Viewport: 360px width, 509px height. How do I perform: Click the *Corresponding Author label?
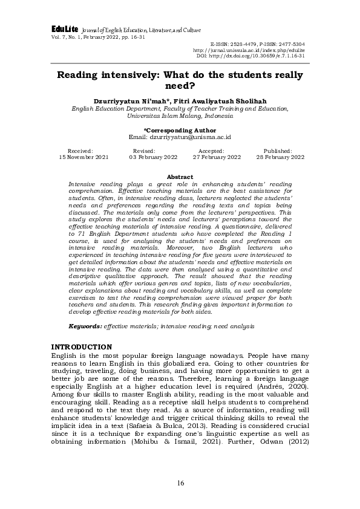point(179,130)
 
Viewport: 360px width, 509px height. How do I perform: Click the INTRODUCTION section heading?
point(82,346)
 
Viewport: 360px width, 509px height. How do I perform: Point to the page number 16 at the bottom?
point(180,482)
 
